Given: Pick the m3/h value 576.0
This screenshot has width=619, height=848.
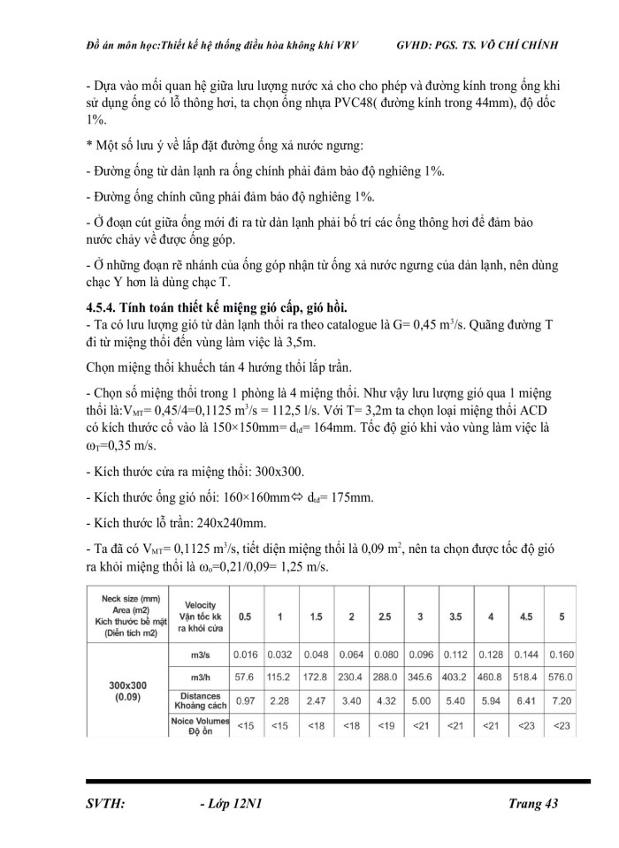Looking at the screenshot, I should [562, 677].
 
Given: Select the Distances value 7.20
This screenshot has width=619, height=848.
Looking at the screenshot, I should [562, 701].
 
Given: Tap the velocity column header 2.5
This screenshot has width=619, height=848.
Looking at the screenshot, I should [386, 617].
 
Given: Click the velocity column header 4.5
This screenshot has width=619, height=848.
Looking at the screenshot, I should [526, 617].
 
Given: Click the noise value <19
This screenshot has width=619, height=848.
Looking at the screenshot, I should [386, 726].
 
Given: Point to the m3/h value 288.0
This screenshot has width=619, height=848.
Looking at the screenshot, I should [386, 677].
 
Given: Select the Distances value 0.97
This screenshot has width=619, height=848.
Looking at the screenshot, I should [244, 701].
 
